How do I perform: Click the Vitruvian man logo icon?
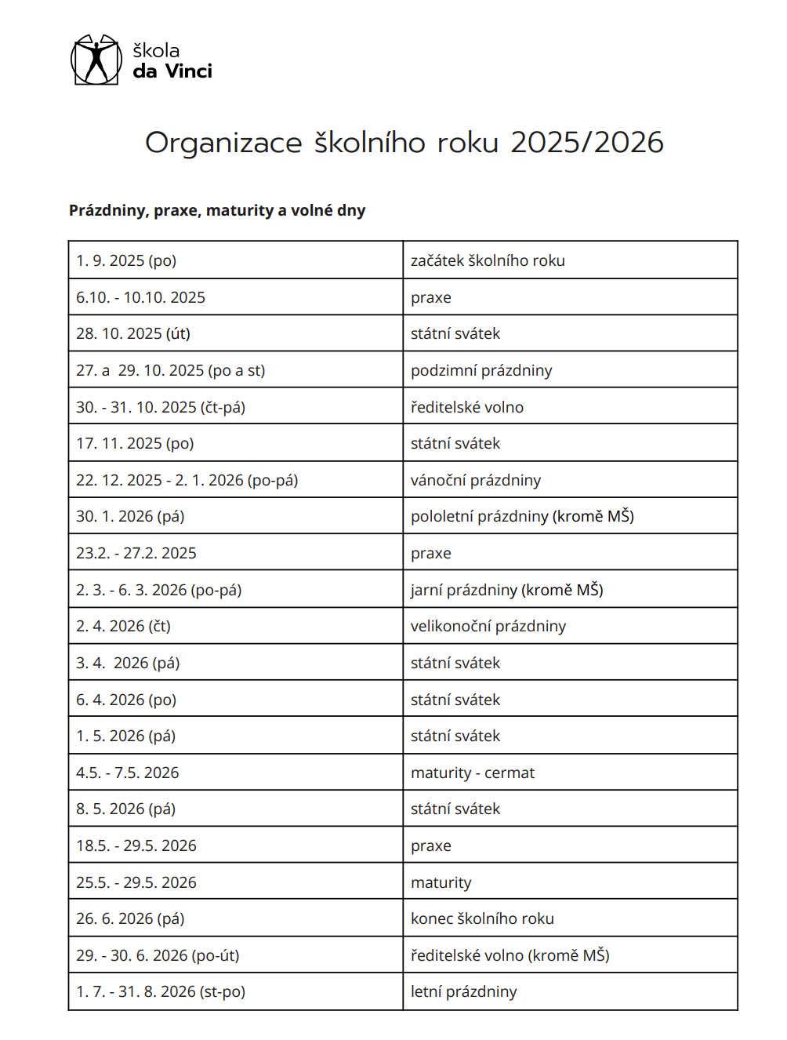96,60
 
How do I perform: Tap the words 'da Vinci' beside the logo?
172,71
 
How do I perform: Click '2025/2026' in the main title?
586,143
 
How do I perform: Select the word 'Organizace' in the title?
223,143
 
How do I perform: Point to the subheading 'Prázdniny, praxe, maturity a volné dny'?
217,210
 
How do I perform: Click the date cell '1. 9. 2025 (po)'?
126,260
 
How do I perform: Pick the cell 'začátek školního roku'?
488,260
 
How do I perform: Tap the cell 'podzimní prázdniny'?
481,370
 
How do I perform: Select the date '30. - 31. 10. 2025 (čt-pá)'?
161,407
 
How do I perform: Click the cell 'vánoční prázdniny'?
476,480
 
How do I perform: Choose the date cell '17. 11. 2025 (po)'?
135,443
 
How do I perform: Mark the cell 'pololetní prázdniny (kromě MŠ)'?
522,516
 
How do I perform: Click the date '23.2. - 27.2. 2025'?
136,553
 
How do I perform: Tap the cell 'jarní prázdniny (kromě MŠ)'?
507,590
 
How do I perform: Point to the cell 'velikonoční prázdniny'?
488,626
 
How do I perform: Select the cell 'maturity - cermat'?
473,773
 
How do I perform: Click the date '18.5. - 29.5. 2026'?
136,845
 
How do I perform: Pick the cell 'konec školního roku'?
482,918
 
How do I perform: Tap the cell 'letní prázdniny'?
464,991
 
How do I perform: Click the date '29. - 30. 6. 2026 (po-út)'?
158,955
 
